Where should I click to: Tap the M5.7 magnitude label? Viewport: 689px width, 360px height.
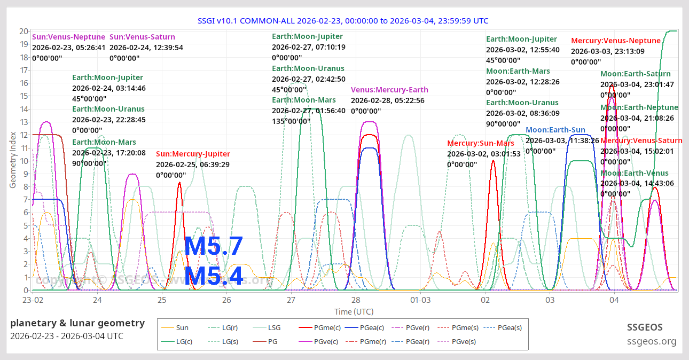pos(214,247)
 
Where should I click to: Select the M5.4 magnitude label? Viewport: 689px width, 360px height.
pos(214,277)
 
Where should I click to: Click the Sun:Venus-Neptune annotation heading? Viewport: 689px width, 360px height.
pos(69,37)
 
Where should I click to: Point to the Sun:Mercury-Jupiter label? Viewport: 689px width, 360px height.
pos(193,154)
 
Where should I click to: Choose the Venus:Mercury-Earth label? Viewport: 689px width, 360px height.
pos(389,90)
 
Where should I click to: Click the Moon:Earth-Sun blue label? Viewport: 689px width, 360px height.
pos(555,130)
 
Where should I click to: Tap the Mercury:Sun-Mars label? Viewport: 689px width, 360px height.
pos(481,143)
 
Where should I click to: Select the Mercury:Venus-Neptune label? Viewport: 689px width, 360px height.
pos(616,41)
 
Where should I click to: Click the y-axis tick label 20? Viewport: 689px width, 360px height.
pos(24,31)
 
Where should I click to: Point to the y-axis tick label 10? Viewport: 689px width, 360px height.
pos(24,161)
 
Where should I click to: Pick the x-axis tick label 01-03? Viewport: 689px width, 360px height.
pos(420,300)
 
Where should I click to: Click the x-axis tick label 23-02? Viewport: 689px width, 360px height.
pos(33,300)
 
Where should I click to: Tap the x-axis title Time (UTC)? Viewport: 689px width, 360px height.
pos(354,311)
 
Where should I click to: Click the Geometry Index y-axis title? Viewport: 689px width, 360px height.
pos(12,161)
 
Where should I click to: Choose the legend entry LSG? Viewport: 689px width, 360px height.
pos(274,327)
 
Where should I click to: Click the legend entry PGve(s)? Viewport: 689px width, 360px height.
pos(464,341)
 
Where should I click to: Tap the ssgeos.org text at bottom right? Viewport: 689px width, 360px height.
pos(652,341)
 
